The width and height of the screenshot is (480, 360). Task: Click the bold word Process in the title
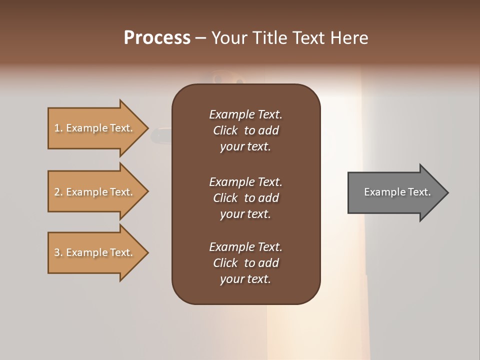click(x=157, y=38)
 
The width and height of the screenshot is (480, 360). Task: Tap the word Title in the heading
click(x=270, y=38)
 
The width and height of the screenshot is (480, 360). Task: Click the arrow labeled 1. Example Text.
click(x=95, y=128)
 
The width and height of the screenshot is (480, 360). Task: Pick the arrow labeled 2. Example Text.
click(x=95, y=192)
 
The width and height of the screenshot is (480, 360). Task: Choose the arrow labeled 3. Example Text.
click(x=95, y=252)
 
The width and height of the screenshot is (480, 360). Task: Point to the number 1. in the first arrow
click(x=58, y=128)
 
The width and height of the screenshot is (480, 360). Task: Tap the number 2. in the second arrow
click(x=58, y=192)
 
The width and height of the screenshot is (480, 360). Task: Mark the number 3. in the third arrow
click(x=58, y=252)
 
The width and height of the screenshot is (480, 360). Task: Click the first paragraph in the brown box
click(x=245, y=130)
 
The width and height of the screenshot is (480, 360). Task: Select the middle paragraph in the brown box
click(x=245, y=198)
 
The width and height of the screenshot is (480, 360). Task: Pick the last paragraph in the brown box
click(x=245, y=263)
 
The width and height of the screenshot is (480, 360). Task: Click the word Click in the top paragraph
click(x=225, y=130)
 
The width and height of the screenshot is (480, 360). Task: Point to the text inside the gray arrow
click(x=397, y=192)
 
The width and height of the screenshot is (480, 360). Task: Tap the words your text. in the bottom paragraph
click(x=245, y=279)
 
